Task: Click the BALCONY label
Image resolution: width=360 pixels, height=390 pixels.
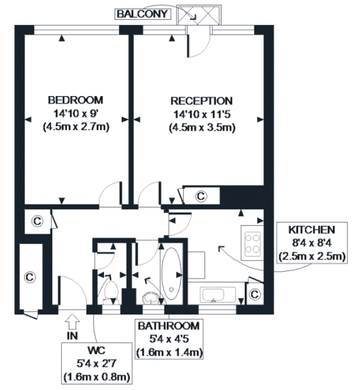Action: tap(143, 14)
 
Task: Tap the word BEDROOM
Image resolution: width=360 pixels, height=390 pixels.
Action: tap(76, 100)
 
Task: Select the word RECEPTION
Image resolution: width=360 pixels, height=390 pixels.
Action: tap(202, 101)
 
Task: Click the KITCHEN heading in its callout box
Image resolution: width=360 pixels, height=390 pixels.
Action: tap(312, 230)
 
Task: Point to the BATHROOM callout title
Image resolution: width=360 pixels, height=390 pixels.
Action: tap(169, 326)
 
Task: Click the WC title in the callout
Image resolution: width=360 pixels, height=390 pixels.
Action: tap(97, 350)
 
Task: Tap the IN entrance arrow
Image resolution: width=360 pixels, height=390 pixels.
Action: tap(72, 322)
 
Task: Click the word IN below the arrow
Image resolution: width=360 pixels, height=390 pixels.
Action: tap(72, 336)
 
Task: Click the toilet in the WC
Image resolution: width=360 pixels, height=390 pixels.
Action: tap(111, 292)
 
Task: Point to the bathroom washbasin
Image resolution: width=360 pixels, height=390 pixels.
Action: tap(151, 298)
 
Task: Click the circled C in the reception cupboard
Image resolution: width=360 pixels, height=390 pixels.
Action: tap(201, 196)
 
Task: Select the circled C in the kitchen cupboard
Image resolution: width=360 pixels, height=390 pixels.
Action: tap(254, 294)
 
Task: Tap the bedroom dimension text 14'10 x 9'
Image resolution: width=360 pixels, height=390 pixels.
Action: tap(76, 114)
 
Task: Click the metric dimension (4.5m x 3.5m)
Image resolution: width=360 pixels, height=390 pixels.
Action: tap(202, 127)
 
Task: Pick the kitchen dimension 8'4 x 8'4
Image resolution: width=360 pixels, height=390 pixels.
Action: tap(312, 243)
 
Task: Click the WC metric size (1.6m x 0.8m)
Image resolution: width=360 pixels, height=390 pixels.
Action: tap(97, 377)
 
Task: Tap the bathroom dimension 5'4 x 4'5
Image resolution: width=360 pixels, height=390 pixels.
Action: tap(169, 339)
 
